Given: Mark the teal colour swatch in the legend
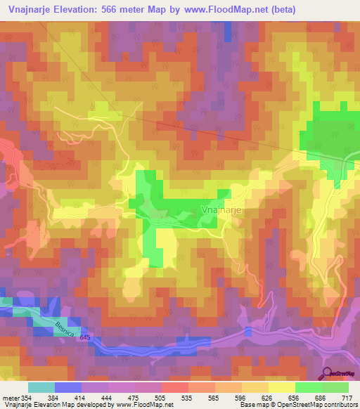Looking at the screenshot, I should click(x=41, y=387).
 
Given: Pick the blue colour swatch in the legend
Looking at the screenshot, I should click(x=68, y=387).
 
